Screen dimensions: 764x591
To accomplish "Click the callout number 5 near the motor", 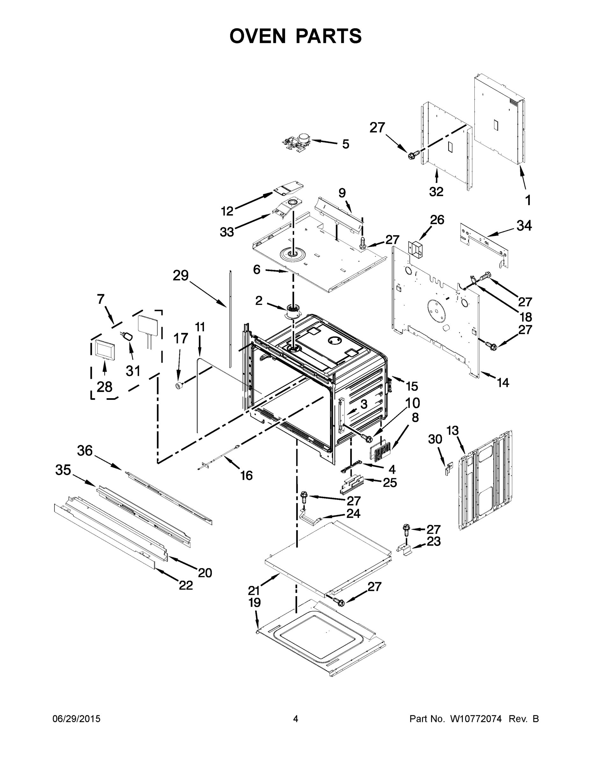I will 345,144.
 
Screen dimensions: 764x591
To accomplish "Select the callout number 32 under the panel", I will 436,191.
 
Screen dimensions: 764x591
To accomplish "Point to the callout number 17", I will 181,338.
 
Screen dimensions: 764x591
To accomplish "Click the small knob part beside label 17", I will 179,386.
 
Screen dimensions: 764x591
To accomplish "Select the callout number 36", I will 85,450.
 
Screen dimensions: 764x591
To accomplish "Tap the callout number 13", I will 453,431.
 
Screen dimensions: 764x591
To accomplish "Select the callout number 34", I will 524,226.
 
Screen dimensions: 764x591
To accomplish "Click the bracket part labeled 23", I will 405,548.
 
